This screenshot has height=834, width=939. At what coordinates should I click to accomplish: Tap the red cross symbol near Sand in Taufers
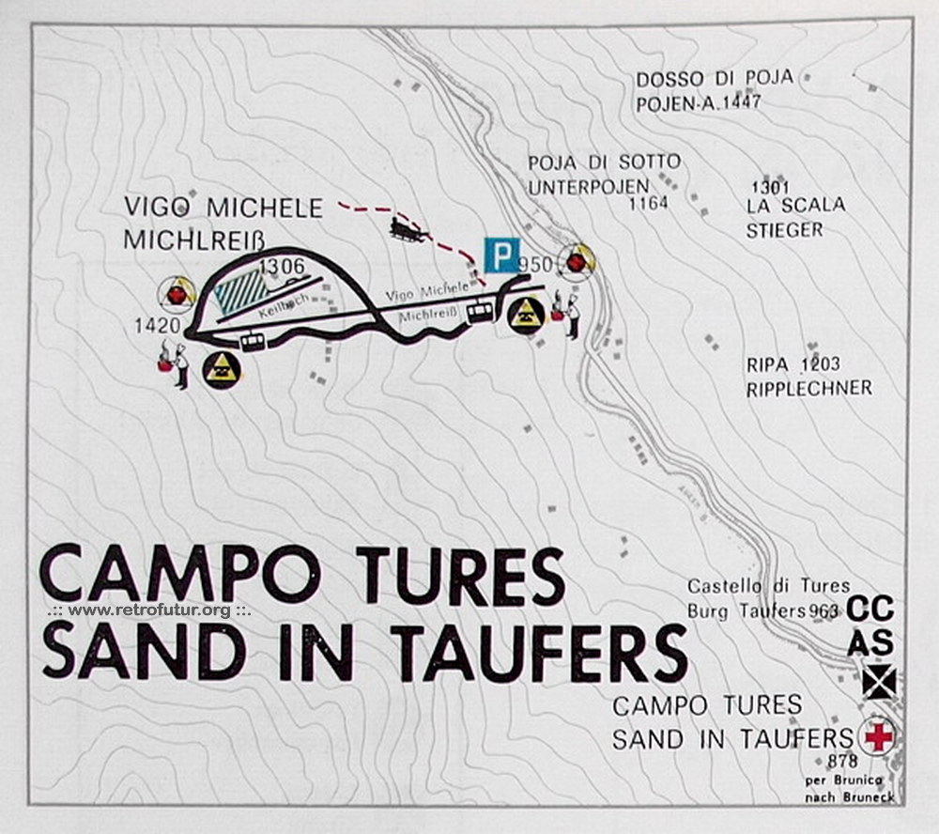click(x=878, y=736)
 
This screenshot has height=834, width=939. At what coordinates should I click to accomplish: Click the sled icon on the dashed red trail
click(x=408, y=230)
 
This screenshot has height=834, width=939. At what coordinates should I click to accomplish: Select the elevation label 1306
click(x=282, y=267)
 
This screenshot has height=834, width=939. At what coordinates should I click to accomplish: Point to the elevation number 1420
click(x=156, y=326)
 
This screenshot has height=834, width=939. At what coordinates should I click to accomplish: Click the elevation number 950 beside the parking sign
click(x=535, y=265)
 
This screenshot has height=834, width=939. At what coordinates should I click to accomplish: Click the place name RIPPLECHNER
click(x=809, y=388)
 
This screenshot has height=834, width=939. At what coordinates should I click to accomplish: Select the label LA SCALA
click(x=796, y=205)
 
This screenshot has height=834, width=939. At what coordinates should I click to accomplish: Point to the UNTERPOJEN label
click(x=589, y=187)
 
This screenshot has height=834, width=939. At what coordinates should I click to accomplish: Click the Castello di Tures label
click(x=768, y=587)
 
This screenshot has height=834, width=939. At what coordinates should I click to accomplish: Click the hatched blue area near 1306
click(x=241, y=291)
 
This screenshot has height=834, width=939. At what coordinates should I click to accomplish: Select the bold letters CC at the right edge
click(x=870, y=610)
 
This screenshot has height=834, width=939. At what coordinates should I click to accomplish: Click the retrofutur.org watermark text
click(x=149, y=610)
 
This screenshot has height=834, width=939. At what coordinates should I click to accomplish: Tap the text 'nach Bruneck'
click(x=849, y=797)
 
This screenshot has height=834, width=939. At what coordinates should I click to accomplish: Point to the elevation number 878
click(x=843, y=761)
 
